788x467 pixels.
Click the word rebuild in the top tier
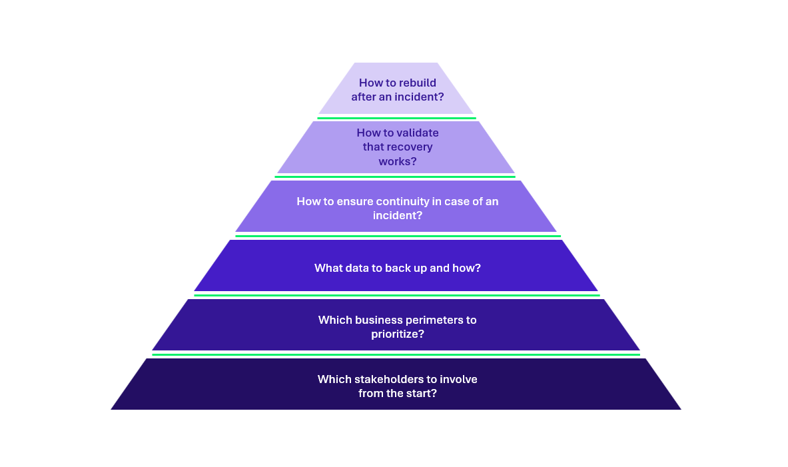pyautogui.click(x=416, y=83)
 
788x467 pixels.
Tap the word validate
pyautogui.click(x=418, y=133)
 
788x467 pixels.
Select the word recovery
pyautogui.click(x=408, y=147)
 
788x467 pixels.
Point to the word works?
pyautogui.click(x=398, y=161)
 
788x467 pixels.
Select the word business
pyautogui.click(x=378, y=320)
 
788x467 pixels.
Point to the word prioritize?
pyautogui.click(x=398, y=334)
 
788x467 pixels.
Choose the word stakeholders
pyautogui.click(x=387, y=379)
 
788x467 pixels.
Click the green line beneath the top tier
pyautogui.click(x=396, y=118)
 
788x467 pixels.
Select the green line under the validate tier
pyautogui.click(x=395, y=177)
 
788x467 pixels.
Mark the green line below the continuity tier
pyautogui.click(x=398, y=236)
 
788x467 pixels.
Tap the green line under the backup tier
pyautogui.click(x=397, y=295)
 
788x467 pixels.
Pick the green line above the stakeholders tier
pyautogui.click(x=396, y=354)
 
